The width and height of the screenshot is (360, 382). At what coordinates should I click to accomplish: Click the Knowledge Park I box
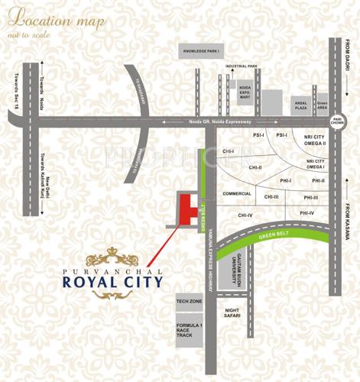(200, 51)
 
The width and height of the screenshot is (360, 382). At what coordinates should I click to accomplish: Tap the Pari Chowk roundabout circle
(337, 119)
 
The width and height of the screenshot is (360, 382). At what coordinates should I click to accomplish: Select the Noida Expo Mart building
(244, 91)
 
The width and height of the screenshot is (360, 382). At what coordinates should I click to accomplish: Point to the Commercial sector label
(237, 194)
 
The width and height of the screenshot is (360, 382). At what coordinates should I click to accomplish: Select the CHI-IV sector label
(245, 215)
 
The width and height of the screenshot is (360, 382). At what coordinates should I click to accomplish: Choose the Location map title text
(58, 21)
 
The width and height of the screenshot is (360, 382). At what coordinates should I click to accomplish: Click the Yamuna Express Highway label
(209, 260)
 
